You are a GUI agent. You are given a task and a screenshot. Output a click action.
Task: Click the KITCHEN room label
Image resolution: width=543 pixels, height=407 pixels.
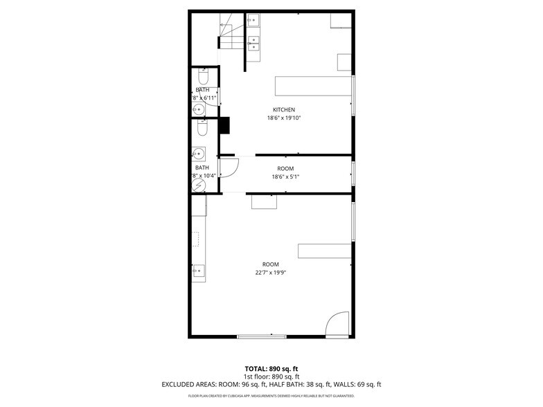(x=284, y=110)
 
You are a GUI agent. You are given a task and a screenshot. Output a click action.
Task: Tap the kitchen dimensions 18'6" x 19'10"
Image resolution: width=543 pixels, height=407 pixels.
(x=284, y=118)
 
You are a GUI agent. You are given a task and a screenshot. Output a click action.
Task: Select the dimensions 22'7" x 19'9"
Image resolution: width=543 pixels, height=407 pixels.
(x=270, y=273)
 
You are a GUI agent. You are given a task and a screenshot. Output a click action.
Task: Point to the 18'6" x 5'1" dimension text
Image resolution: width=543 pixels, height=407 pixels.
(x=285, y=177)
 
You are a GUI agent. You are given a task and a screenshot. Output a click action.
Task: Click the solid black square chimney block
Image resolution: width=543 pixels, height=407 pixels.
(x=224, y=125)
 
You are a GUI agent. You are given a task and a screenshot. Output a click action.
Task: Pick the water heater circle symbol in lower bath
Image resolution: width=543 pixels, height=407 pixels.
(x=199, y=186)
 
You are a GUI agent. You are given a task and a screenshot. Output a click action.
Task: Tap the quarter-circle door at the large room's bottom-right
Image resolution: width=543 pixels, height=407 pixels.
(x=339, y=324)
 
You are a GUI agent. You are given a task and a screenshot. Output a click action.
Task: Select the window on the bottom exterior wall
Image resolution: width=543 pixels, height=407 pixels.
(x=261, y=336)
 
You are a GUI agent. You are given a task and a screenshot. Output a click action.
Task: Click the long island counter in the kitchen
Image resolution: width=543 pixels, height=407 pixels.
(x=313, y=86)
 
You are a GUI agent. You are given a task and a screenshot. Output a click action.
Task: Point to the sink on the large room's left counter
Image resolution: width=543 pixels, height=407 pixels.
(x=199, y=271)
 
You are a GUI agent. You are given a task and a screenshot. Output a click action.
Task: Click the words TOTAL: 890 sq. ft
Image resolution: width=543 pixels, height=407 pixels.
(x=271, y=368)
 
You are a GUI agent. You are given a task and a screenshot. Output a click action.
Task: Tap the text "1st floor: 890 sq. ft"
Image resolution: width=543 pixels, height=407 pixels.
(x=271, y=377)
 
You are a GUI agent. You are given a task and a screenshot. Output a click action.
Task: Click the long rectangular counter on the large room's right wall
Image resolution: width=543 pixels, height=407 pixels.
(x=324, y=251)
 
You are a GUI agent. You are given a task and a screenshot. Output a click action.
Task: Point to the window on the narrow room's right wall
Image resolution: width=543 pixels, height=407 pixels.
(x=353, y=173)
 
